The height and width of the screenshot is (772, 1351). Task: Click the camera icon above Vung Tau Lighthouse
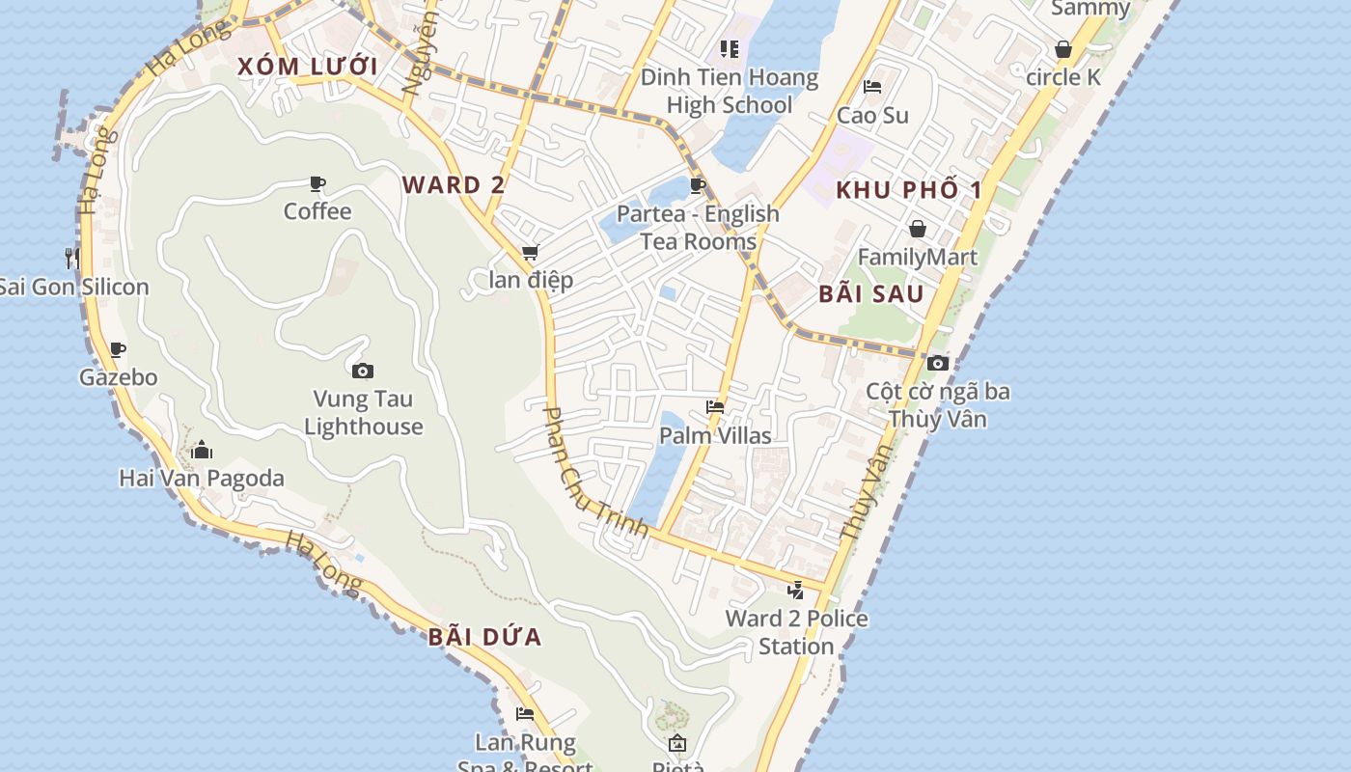point(363,371)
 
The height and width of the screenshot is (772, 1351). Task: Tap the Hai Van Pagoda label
point(202,478)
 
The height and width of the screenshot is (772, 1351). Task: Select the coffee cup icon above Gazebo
point(118,349)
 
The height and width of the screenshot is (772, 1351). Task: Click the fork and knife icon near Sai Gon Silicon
point(72,258)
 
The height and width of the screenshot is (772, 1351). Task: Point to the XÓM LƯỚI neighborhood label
point(307,67)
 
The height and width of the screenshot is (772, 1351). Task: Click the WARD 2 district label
point(454,185)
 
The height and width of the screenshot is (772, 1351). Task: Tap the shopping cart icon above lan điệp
point(530,253)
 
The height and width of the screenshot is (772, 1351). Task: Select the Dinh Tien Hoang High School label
point(730,91)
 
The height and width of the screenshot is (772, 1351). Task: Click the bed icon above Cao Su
point(872,87)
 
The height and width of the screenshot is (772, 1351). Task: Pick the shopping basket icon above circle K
point(1063,49)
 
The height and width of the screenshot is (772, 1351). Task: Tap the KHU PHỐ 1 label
point(908,190)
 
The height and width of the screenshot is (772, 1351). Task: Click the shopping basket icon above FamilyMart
point(917,229)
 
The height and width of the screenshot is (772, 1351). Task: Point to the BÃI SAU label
point(871,294)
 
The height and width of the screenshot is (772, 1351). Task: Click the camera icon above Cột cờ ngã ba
point(937,363)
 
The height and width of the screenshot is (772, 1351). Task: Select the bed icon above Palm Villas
point(715,407)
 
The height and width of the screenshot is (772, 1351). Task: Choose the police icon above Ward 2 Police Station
point(796,590)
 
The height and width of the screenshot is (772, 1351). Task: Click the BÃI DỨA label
point(484,637)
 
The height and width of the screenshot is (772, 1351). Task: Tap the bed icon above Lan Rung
point(525,714)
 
